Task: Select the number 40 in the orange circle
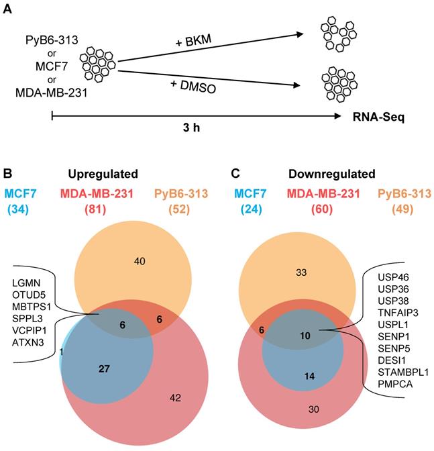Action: coord(139,260)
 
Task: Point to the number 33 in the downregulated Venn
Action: coord(301,272)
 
